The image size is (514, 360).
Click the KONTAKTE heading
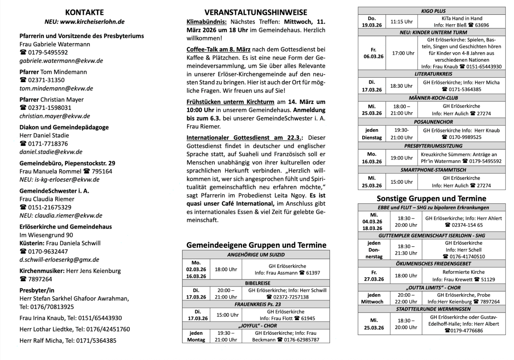coord(84,12)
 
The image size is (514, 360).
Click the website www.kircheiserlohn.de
coord(92,22)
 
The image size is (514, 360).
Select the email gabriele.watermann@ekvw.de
coord(61,61)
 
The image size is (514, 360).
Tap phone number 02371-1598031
coord(50,108)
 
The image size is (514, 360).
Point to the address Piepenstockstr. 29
coord(90,163)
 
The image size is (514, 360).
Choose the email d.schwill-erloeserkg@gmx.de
coord(59,259)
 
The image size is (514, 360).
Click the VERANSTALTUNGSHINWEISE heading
coord(256,12)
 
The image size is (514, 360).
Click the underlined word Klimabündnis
coord(207,22)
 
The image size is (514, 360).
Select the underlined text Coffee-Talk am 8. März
coord(218,49)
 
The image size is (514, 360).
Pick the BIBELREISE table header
coord(258,283)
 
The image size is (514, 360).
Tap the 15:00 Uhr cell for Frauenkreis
coord(227,315)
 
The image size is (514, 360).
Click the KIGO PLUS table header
coord(433,11)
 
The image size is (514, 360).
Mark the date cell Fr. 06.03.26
coord(373,53)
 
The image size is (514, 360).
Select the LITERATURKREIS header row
coord(433,74)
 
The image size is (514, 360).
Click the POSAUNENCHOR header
coord(433,122)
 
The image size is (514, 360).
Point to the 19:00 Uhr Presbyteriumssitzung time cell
coord(401,158)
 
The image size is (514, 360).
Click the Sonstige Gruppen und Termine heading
coord(431,198)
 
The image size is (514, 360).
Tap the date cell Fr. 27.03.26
coord(374,276)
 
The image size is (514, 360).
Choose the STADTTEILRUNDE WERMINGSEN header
coord(433,309)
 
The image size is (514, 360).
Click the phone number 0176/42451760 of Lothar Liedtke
coord(108,329)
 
